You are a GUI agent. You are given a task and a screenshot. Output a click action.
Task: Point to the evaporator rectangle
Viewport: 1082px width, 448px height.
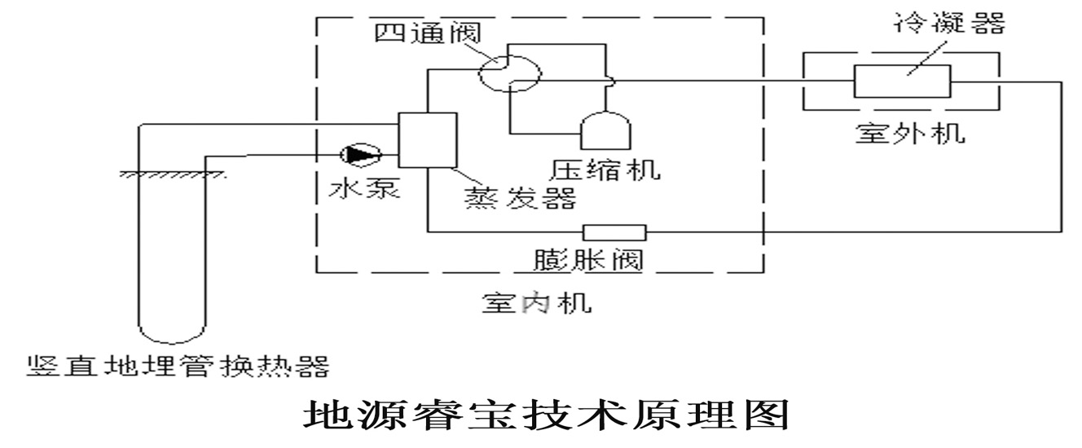426,139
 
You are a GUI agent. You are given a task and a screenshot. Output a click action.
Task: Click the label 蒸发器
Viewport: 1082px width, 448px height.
520,198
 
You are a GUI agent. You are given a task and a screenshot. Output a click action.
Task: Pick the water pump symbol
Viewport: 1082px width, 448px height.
361,153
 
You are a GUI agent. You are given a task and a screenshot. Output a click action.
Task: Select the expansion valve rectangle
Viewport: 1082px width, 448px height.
614,232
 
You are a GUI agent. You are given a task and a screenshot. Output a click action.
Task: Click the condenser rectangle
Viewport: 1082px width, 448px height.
902,81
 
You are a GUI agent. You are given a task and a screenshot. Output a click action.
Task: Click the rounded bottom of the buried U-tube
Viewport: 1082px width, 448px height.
170,334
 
